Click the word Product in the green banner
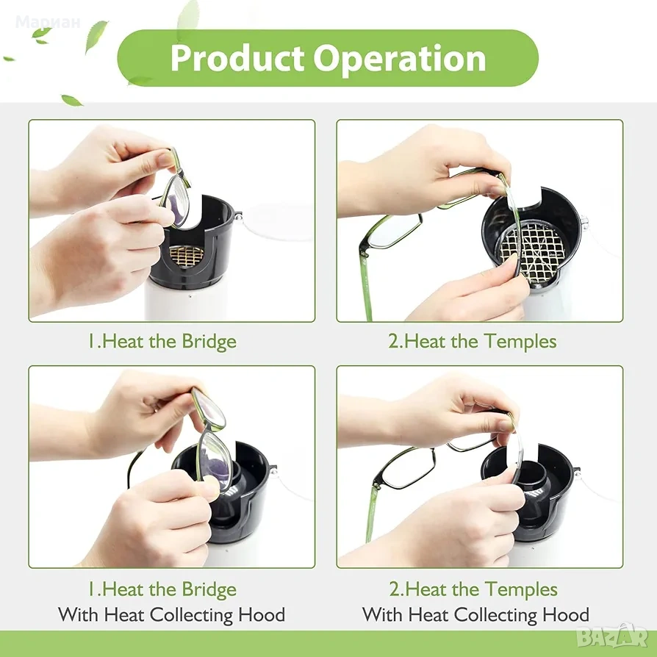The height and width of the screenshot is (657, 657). point(237,58)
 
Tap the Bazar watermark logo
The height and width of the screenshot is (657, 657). point(612,637)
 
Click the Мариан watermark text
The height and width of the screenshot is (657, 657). point(48,22)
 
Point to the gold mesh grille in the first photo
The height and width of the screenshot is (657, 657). point(186,254)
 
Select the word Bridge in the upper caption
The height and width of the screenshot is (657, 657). point(209,342)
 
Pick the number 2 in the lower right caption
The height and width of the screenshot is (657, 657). point(395,589)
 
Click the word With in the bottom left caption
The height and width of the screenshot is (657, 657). point(79,614)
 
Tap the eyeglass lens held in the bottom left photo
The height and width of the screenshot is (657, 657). point(215,456)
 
